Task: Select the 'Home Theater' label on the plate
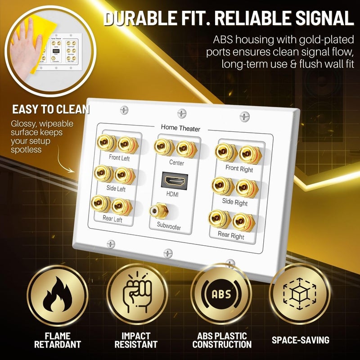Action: [x=180, y=129]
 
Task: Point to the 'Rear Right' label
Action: [x=231, y=235]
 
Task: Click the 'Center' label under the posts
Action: [x=176, y=162]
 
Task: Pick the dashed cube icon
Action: [x=300, y=295]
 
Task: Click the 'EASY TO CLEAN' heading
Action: [x=51, y=109]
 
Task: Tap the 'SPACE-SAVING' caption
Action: [x=300, y=340]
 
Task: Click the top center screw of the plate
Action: [x=181, y=112]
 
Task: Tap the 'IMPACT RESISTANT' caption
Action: [x=136, y=340]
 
